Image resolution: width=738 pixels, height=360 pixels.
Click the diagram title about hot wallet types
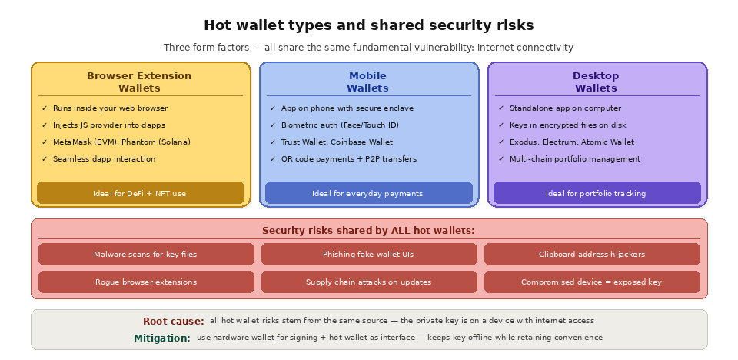[x=368, y=25]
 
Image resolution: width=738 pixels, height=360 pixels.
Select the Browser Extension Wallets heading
[x=139, y=82]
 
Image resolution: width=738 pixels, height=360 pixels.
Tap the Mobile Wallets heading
[x=367, y=82]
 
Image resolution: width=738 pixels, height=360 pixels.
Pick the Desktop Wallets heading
[x=596, y=82]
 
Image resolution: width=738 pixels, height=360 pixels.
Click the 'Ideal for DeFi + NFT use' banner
[x=140, y=193]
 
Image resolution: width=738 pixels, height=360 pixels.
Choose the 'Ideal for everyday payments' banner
[x=367, y=193]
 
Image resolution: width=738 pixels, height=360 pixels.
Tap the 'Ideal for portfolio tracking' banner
[x=596, y=193]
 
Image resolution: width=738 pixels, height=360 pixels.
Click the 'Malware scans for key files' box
[x=145, y=254]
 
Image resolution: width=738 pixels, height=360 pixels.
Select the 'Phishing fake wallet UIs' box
[x=368, y=254]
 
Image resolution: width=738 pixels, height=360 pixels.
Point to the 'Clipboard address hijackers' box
[x=591, y=254]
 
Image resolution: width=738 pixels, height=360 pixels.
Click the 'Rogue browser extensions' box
[x=145, y=282]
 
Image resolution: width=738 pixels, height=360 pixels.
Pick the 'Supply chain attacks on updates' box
[x=368, y=282]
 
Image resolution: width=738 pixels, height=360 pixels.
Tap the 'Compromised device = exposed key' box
[x=591, y=282]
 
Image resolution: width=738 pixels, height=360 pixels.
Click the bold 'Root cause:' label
[x=174, y=321]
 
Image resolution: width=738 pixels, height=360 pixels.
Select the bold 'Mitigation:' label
[x=162, y=338]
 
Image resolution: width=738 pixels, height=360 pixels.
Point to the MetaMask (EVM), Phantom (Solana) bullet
[x=121, y=142]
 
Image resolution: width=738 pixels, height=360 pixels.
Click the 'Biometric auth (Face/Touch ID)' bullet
[x=340, y=125]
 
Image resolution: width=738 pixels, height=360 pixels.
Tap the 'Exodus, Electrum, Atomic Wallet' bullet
[x=571, y=142]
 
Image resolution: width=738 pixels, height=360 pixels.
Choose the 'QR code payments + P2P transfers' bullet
[x=348, y=159]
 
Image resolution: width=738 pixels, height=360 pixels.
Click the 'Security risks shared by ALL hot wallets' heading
[x=368, y=230]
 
